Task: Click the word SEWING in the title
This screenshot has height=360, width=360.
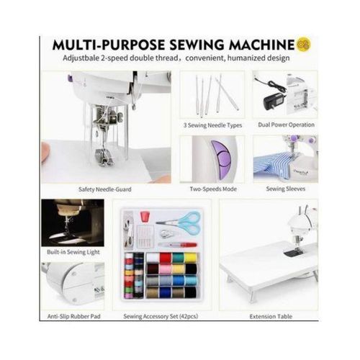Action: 197,45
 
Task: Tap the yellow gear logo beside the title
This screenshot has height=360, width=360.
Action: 304,44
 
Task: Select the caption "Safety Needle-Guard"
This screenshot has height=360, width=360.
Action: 105,189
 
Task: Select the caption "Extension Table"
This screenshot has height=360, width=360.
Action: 271,317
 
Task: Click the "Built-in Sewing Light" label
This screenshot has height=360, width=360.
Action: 73,252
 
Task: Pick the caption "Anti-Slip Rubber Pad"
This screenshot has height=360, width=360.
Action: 73,316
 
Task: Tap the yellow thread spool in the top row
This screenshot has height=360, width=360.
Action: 191,258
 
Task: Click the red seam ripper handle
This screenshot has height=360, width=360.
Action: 189,245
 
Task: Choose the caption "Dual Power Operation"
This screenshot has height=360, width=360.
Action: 286,125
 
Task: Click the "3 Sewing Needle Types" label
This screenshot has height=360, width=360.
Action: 212,125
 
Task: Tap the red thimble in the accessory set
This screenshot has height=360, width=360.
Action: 143,217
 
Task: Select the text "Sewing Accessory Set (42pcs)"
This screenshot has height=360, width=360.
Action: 161,316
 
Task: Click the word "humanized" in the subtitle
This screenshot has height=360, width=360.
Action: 246,58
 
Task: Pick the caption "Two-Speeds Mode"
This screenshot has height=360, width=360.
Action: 213,189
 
